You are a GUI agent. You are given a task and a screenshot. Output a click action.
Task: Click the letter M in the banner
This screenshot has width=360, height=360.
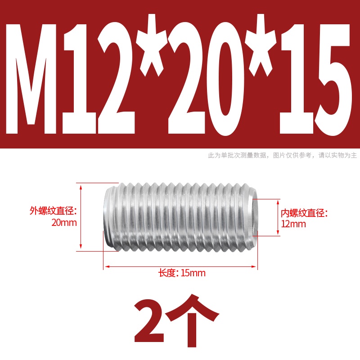(31, 78)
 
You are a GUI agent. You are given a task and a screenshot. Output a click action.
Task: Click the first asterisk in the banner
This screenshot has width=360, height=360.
(152, 45)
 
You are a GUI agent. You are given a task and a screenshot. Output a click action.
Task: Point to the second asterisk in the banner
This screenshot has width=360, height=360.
(261, 45)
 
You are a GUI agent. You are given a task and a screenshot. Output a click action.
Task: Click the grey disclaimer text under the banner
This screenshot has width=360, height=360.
(283, 155)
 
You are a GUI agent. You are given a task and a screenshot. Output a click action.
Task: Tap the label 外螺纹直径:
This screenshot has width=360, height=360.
(53, 211)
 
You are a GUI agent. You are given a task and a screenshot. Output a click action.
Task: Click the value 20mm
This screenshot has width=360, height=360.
(64, 222)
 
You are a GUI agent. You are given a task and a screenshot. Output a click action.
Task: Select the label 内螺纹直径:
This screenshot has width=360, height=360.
(305, 213)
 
